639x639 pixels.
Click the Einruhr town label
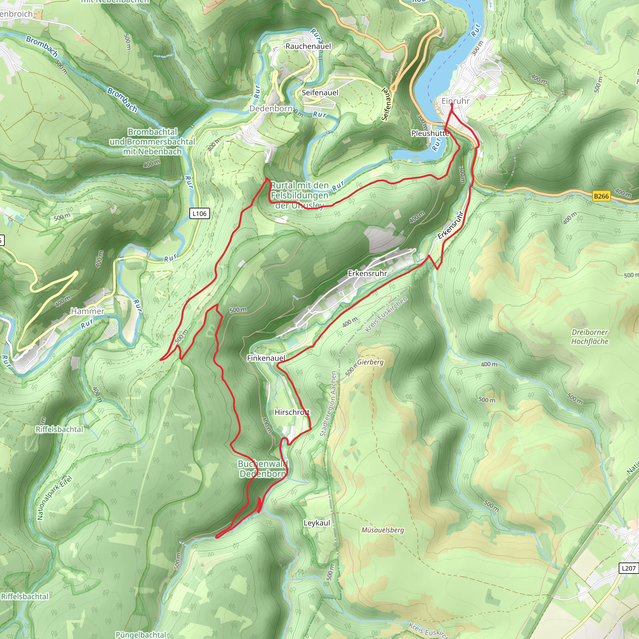[455, 101]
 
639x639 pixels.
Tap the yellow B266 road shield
[601, 196]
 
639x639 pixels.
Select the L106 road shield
[199, 214]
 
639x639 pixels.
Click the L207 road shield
[628, 568]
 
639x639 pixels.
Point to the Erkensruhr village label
[367, 274]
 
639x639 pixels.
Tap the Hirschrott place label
[292, 412]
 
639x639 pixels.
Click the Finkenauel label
[266, 358]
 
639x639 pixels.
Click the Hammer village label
[88, 311]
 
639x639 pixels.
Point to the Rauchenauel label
[308, 46]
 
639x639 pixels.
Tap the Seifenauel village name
[320, 93]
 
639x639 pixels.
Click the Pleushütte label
[430, 133]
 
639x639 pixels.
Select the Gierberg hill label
[370, 362]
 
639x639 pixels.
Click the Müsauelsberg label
[382, 530]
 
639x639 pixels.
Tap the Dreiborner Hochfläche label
[590, 337]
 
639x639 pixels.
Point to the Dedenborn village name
[271, 109]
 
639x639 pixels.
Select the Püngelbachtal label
[141, 634]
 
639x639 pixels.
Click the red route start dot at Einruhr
[452, 104]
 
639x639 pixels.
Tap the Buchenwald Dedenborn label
[263, 469]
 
